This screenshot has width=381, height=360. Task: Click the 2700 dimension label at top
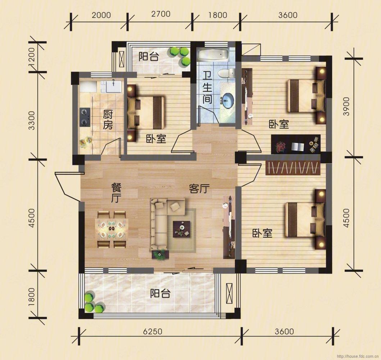[x=160, y=14]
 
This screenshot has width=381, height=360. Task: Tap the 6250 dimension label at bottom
[x=152, y=332]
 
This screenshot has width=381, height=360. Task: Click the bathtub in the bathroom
[x=213, y=55]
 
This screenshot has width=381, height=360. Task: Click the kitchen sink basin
[x=114, y=87]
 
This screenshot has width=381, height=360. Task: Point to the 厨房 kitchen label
[x=108, y=120]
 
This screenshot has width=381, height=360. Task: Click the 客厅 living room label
[x=199, y=188]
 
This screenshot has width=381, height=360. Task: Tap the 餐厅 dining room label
[x=116, y=193]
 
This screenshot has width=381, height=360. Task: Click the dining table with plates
[x=112, y=229]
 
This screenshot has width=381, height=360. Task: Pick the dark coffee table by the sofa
[x=182, y=229]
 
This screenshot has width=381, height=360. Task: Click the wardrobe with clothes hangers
[x=293, y=168]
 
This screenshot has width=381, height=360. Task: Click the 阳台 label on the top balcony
[x=149, y=57]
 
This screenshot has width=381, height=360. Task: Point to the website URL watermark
[x=357, y=356]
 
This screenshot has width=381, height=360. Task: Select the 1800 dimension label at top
[x=217, y=15]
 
